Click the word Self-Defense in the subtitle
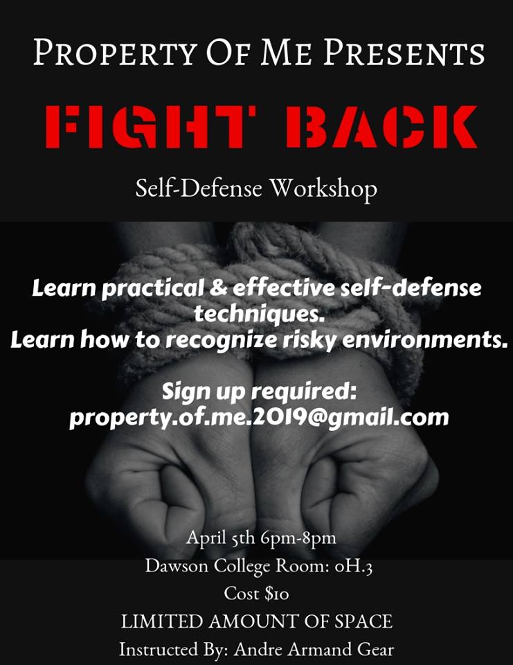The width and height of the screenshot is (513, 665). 198,188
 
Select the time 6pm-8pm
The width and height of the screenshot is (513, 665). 293,537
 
